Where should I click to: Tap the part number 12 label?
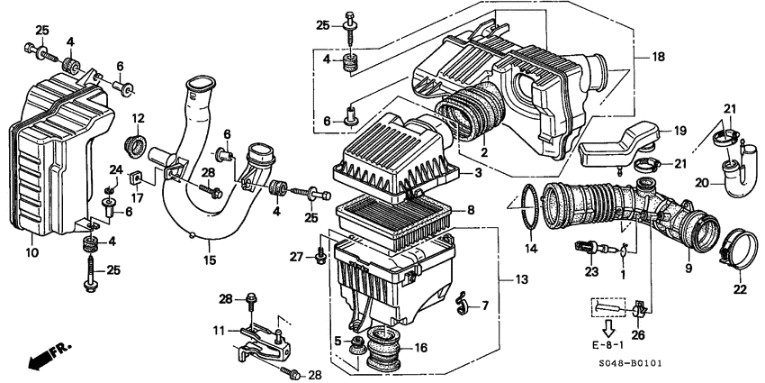coord(138,118)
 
